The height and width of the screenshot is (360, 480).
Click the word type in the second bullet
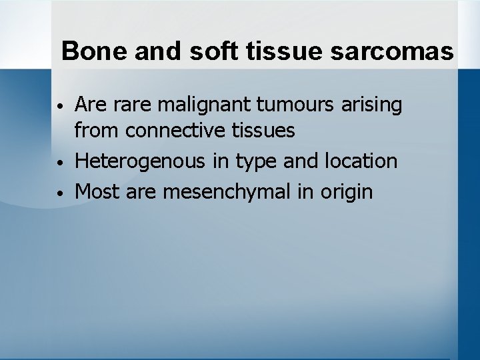[256, 161]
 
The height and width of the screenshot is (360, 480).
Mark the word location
[360, 161]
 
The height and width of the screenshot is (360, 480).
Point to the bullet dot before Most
[60, 193]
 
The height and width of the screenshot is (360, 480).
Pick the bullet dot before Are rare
[60, 106]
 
